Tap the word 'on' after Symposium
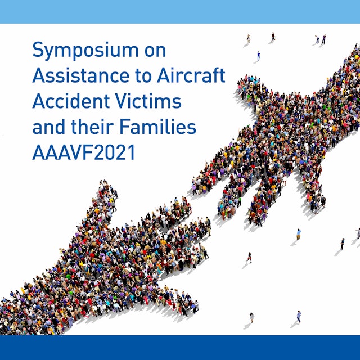click(x=154, y=50)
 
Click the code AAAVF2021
click(x=84, y=152)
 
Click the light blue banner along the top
click(x=180, y=11)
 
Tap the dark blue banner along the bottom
click(x=180, y=348)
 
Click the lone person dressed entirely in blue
click(x=259, y=55)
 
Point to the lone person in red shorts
click(x=249, y=256)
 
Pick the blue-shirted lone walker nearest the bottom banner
click(x=299, y=316)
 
